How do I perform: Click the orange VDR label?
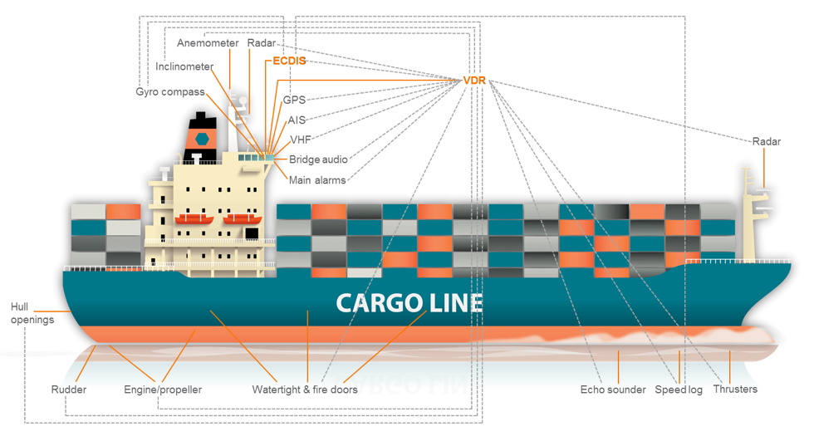474,81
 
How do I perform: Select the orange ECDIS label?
290,61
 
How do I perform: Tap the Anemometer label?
208,43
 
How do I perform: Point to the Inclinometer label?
184,67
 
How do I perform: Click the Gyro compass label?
169,91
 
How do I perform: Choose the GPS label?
295,100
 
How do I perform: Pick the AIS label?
297,120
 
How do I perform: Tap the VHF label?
300,140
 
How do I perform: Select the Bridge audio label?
318,159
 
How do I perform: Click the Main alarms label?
317,179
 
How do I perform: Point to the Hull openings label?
32,313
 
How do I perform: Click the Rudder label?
68,390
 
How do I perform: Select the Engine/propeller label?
163,390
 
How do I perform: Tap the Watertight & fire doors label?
305,390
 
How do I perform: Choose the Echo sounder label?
613,390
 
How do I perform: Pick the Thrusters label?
735,390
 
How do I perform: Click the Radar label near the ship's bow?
767,142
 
